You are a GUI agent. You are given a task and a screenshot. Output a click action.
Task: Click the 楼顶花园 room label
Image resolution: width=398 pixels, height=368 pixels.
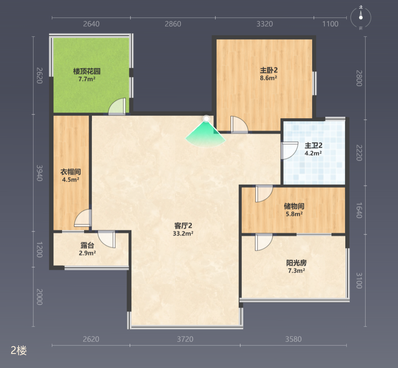coord(87,71)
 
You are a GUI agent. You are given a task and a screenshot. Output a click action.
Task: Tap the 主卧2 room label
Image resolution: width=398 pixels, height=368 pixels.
coord(269,70)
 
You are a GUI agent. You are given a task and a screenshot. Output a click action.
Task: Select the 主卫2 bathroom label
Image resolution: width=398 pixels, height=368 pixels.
coord(314,145)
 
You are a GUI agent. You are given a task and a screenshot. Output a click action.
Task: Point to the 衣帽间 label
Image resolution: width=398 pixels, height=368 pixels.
coord(71,172)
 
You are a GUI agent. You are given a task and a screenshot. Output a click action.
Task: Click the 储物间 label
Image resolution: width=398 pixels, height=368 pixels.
coord(294,206)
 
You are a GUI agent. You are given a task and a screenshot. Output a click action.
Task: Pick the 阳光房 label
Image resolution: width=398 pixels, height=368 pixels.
coord(296,263)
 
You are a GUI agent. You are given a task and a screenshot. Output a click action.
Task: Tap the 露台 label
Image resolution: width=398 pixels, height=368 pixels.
coord(87,245)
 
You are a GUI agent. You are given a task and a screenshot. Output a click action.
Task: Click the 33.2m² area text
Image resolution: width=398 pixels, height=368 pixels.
coord(183,233)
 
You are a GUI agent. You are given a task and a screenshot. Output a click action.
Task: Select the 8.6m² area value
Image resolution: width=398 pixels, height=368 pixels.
coord(269,78)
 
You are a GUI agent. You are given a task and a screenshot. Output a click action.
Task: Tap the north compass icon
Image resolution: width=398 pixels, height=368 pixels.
coord(361,18)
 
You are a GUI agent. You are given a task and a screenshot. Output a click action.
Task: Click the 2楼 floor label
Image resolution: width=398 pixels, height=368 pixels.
coord(19,350)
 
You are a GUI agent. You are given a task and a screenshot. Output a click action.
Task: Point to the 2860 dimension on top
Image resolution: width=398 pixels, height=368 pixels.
coord(173,24)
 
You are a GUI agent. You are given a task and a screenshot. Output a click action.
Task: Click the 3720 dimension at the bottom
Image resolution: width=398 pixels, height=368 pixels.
coord(185,339)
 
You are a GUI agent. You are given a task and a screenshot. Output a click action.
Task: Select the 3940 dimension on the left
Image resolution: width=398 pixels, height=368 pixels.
coord(39,173)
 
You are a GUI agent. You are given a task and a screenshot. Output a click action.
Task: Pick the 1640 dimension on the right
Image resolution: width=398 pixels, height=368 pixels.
coord(359,210)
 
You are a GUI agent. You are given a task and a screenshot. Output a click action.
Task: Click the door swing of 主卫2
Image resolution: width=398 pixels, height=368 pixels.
coord(289,150)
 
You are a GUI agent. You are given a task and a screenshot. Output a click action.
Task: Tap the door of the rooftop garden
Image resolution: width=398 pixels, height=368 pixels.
coord(117,107)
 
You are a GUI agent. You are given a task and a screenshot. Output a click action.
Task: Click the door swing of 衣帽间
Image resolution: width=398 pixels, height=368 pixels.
coord(83,218)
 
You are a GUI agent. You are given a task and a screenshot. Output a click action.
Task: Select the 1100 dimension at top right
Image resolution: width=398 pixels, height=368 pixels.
coord(330,24)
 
